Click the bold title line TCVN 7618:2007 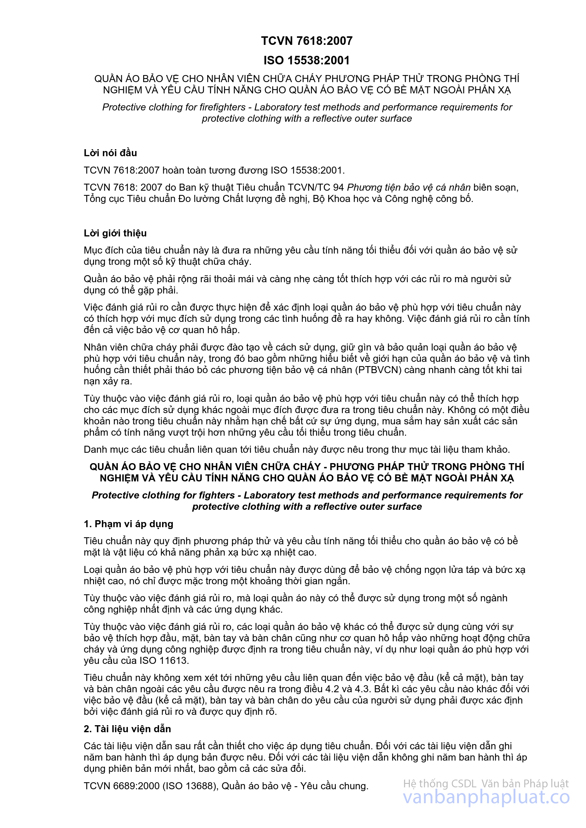point(307,41)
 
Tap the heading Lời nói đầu point(110,153)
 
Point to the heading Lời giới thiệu point(115,233)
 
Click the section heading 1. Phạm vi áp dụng point(128,524)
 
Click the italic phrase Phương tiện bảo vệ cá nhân point(408,188)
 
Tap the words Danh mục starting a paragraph point(101,450)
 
